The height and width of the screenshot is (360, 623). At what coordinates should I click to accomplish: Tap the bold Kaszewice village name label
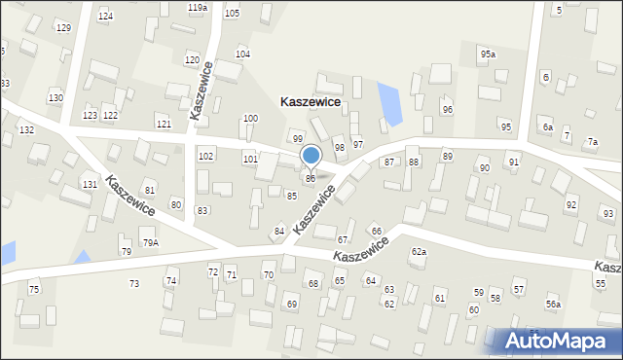click(x=311, y=101)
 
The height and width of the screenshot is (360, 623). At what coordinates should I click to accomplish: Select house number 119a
click(x=198, y=8)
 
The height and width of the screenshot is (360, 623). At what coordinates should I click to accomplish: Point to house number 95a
click(x=487, y=54)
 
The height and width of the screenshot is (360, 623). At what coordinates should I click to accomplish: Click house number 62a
click(x=419, y=251)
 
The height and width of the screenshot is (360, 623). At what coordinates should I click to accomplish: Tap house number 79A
click(x=150, y=242)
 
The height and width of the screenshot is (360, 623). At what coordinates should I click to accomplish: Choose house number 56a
click(x=553, y=305)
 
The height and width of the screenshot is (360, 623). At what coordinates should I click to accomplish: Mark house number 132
click(x=26, y=129)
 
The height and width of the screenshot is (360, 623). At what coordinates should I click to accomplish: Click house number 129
click(x=63, y=27)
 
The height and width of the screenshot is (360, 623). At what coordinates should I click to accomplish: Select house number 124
click(x=105, y=17)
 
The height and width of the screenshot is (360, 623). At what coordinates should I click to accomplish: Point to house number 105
click(x=232, y=13)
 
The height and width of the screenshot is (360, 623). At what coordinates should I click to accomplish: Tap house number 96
click(x=447, y=110)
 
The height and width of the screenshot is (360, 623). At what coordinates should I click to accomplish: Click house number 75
click(x=34, y=289)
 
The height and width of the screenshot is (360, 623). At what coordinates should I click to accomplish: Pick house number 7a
click(x=592, y=142)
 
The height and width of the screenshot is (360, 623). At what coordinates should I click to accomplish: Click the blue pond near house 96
click(x=389, y=104)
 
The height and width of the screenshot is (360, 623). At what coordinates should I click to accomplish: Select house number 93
click(x=608, y=213)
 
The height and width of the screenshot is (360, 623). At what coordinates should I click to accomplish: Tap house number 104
click(x=242, y=54)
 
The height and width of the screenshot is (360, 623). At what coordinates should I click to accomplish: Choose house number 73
click(x=134, y=283)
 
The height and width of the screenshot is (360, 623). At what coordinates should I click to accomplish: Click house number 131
click(x=90, y=184)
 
